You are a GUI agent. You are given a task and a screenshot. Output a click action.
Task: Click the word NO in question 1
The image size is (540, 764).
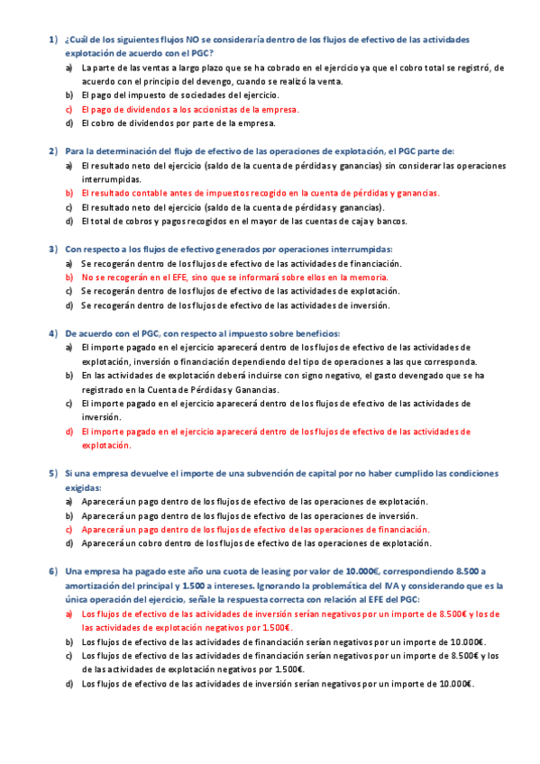click(x=194, y=40)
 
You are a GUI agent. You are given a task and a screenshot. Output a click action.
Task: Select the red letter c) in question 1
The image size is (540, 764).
click(x=69, y=109)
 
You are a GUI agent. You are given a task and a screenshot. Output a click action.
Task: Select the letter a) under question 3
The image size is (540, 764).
click(x=69, y=263)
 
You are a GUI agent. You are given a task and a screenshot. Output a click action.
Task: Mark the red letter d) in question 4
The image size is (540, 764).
click(x=69, y=431)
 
